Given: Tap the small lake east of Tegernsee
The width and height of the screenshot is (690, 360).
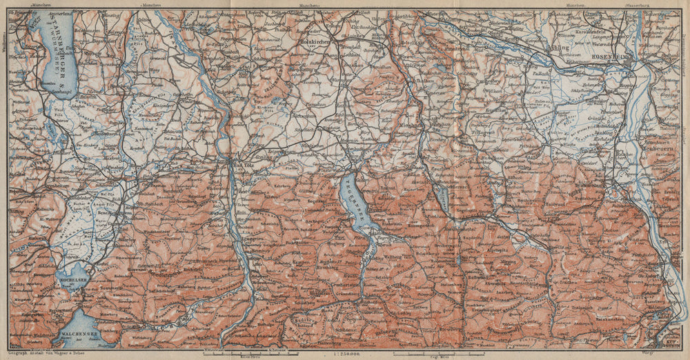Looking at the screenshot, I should coord(442,199).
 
